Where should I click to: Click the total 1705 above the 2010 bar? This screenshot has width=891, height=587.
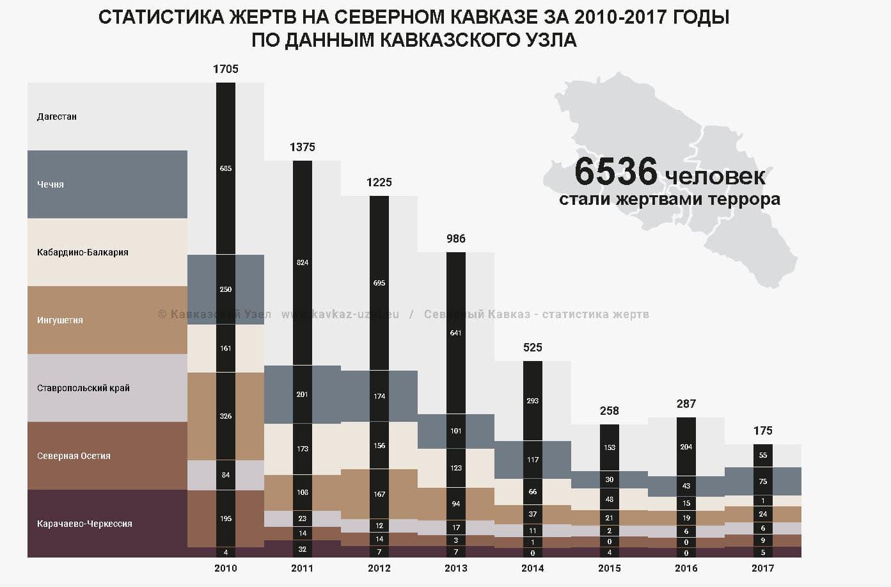[x=225, y=69]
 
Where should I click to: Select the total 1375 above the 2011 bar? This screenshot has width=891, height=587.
[x=302, y=147]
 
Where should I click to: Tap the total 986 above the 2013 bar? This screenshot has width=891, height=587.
[x=455, y=239]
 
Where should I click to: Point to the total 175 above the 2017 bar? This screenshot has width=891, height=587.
[x=762, y=431]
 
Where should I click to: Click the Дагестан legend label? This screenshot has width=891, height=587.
[x=57, y=117]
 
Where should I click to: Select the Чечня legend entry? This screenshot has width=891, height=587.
[x=51, y=184]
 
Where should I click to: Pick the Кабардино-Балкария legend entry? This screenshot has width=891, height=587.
[x=83, y=252]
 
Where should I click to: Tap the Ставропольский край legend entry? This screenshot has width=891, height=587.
[x=83, y=388]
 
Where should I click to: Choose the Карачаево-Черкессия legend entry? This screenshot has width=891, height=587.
[x=84, y=524]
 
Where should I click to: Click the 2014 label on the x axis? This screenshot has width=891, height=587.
[x=532, y=568]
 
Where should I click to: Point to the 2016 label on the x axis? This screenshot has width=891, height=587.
[x=686, y=568]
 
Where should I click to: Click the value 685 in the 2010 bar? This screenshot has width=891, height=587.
[x=225, y=168]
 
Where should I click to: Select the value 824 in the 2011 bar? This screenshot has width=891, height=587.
[x=302, y=262]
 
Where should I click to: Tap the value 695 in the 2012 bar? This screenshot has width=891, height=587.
[x=379, y=283]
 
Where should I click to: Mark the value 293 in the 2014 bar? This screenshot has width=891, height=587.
[x=532, y=401]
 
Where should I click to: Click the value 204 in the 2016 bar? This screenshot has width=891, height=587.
[x=686, y=447]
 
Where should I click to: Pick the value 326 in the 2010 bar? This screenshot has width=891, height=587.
[x=225, y=416]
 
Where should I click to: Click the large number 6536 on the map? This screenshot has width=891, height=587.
[x=615, y=172]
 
